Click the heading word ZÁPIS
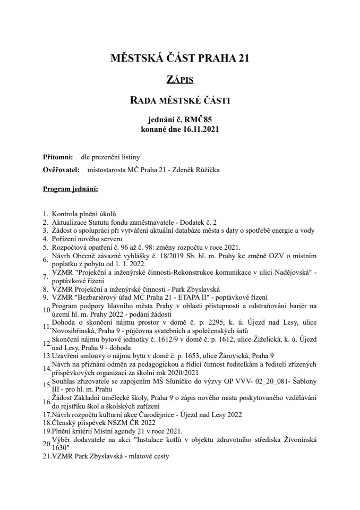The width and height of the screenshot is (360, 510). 179,80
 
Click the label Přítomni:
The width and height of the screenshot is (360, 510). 58,157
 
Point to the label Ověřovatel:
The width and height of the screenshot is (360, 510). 61,170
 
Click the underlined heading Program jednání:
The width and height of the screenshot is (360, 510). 70,189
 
